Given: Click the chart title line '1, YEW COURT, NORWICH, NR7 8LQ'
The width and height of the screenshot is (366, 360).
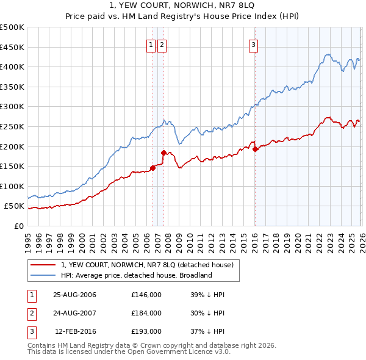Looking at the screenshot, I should (183, 5).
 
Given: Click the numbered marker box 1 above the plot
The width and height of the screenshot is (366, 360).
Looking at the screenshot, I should (151, 44).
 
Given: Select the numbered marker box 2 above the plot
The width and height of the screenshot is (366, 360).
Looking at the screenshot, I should (162, 44).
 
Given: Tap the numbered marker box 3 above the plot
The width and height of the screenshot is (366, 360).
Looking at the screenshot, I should (253, 44).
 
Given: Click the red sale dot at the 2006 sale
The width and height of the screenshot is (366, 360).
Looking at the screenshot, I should (152, 168).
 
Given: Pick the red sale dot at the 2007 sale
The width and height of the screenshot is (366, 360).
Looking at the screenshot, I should (163, 153).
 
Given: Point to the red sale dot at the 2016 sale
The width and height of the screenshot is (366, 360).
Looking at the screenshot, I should (255, 149).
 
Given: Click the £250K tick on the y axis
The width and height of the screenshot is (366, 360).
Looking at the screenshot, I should (13, 126).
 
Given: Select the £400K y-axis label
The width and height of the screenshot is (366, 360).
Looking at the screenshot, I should (13, 67).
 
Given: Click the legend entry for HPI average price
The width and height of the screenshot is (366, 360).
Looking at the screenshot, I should (135, 275).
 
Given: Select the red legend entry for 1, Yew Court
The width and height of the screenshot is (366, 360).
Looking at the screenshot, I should (146, 265).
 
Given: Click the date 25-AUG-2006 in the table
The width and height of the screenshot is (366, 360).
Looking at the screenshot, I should (74, 295).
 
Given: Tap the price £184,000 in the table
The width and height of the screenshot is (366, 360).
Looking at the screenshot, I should (146, 313).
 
